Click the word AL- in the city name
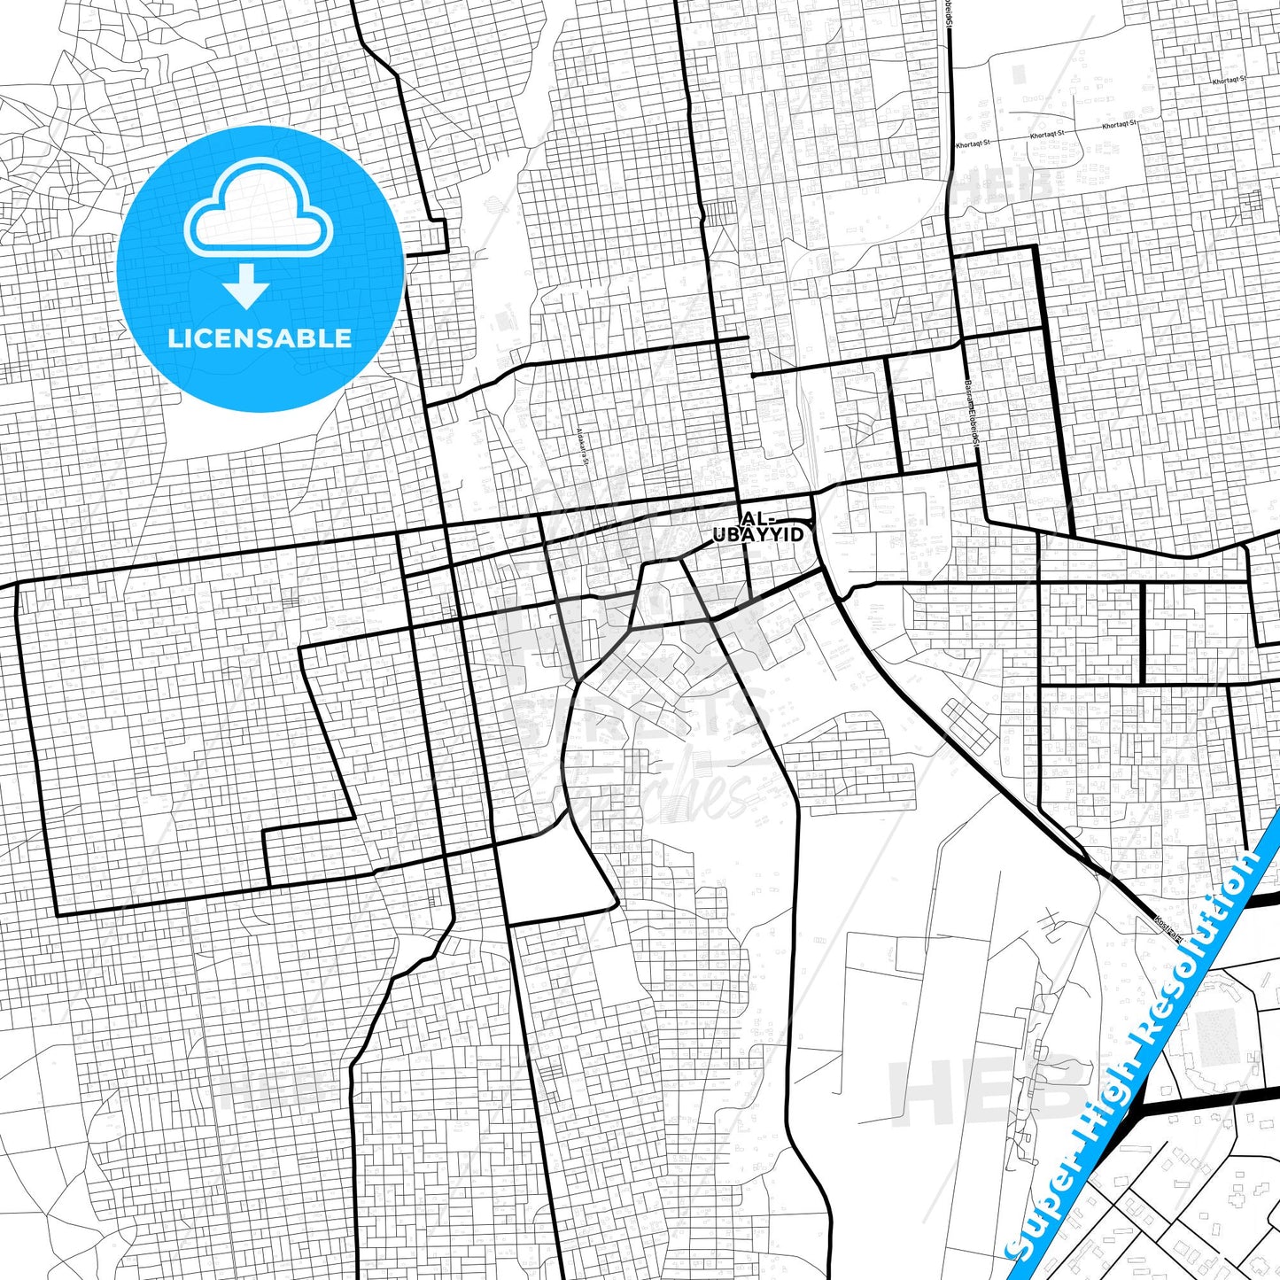pyautogui.click(x=757, y=519)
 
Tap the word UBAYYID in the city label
pyautogui.click(x=759, y=535)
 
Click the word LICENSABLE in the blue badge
pyautogui.click(x=260, y=337)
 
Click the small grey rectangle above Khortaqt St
pyautogui.click(x=1020, y=74)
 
